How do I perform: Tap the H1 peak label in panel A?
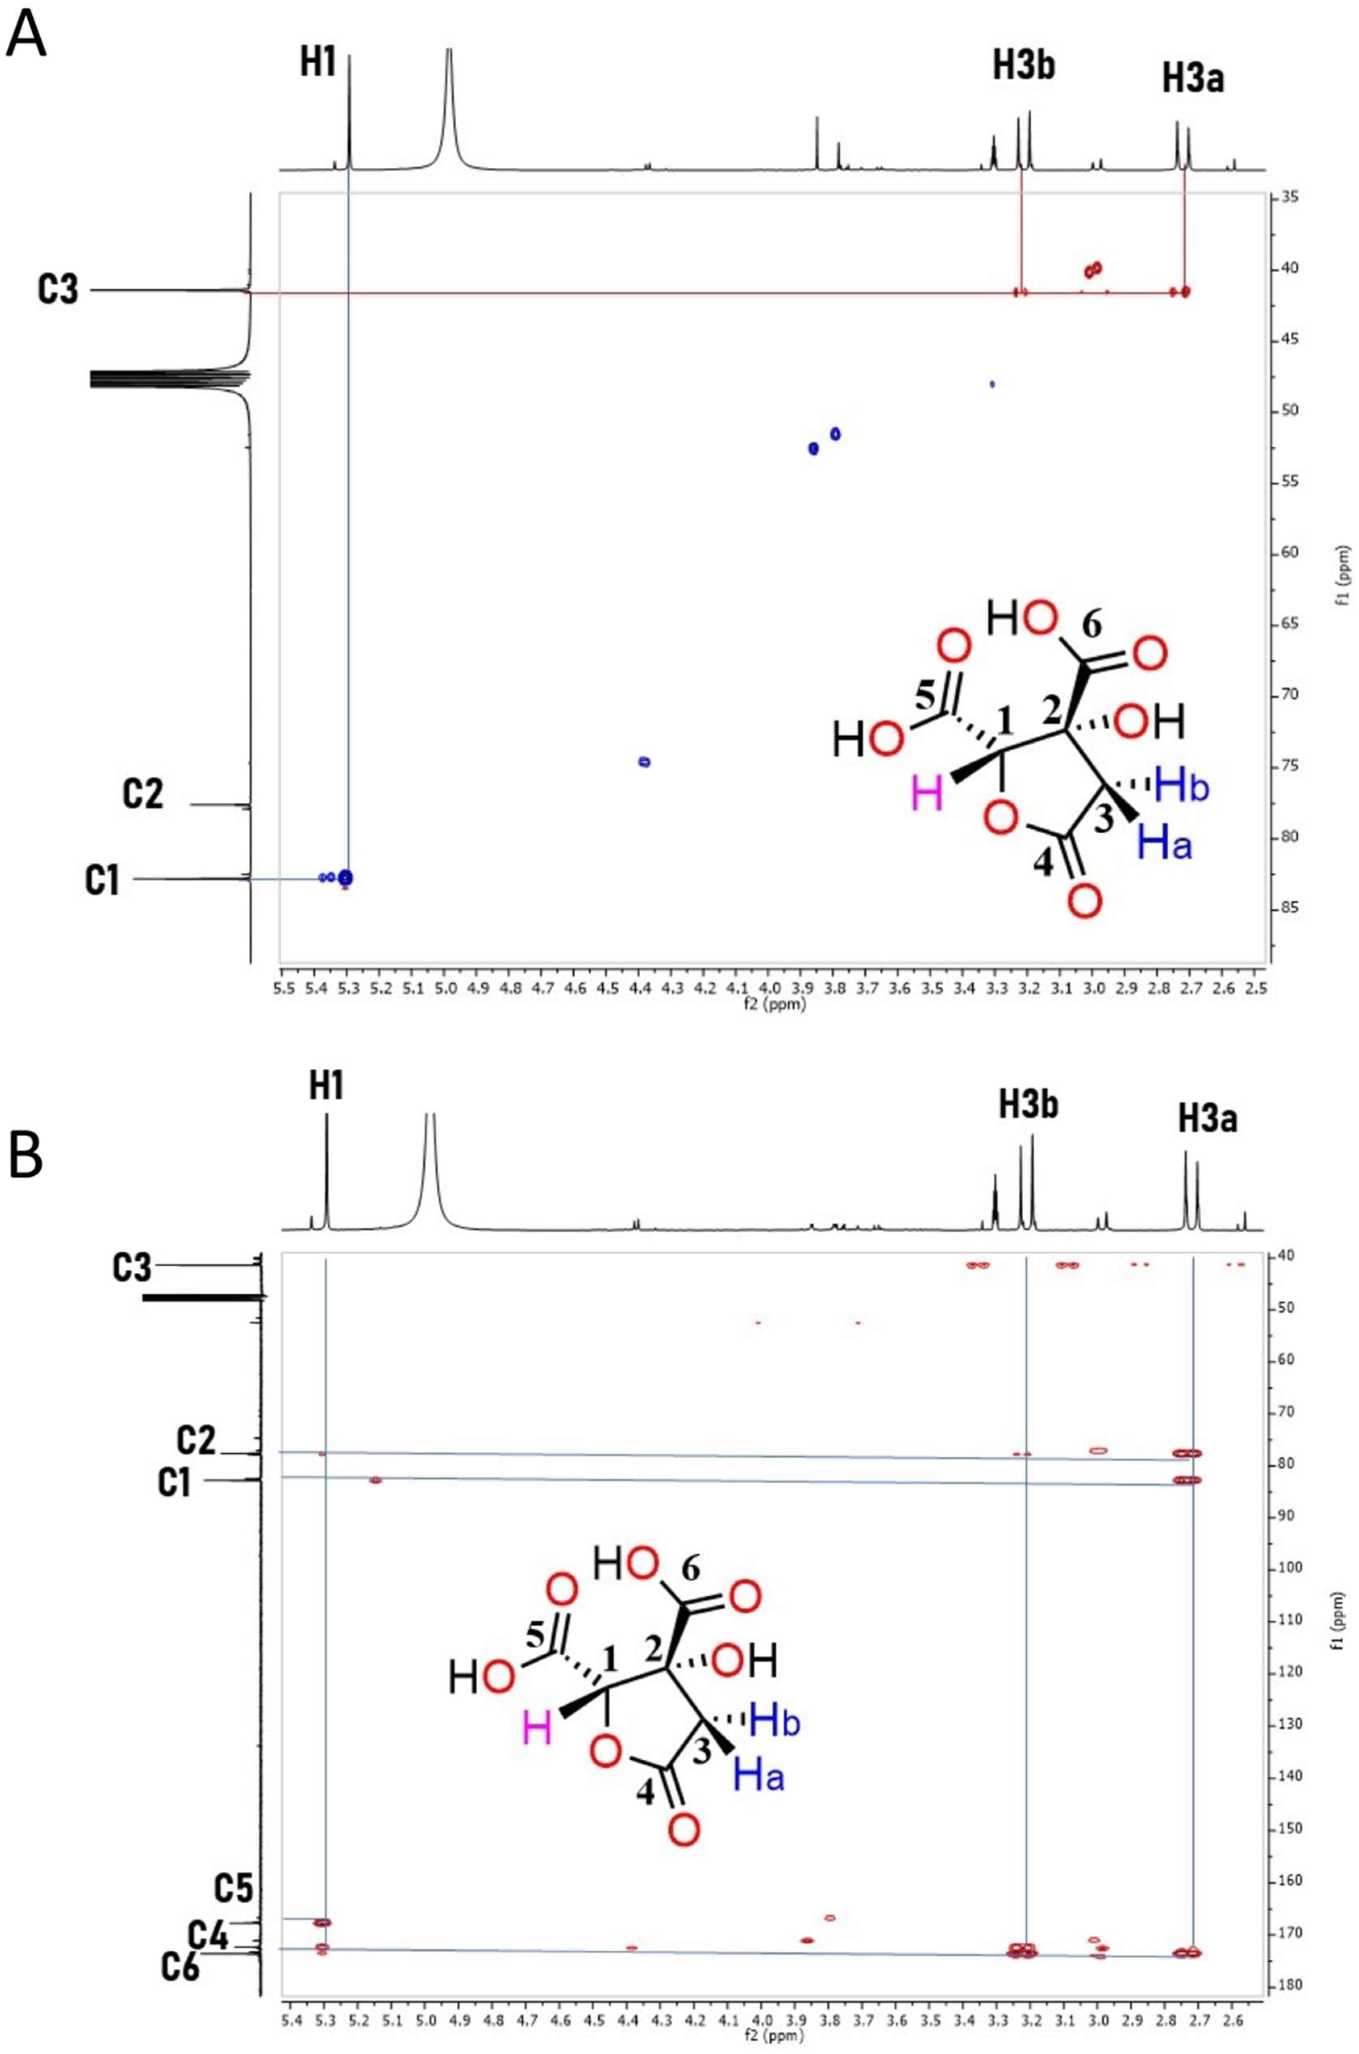(318, 64)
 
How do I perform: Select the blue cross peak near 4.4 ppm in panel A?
(644, 762)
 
